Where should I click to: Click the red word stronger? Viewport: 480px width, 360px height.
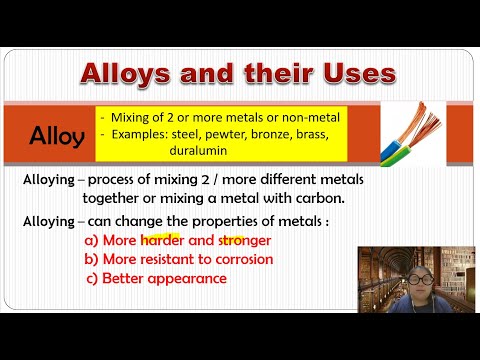[241, 241]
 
